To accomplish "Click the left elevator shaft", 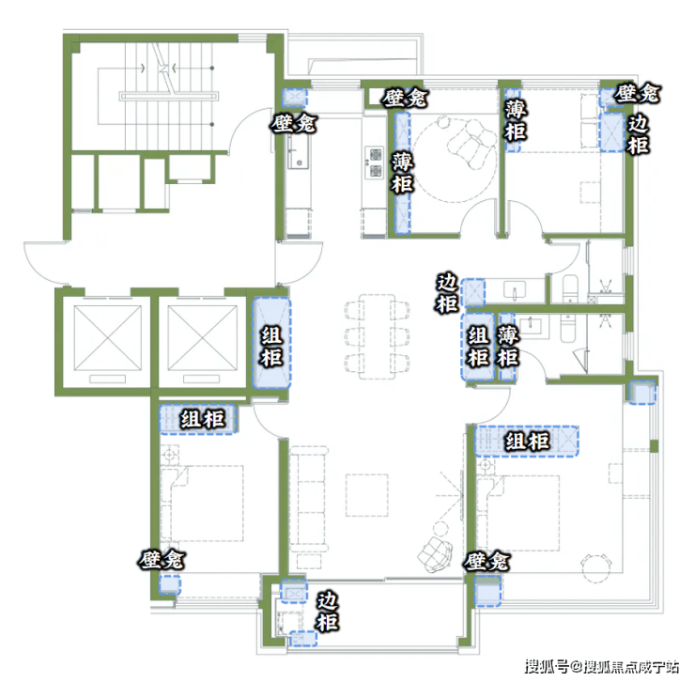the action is pyautogui.click(x=108, y=338).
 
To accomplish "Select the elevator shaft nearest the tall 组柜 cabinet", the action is pyautogui.click(x=203, y=338).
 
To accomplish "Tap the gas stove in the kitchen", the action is pyautogui.click(x=375, y=163).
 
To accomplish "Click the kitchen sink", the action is pyautogui.click(x=297, y=152).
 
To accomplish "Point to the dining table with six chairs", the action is pyautogui.click(x=378, y=336).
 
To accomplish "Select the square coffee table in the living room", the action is pyautogui.click(x=367, y=495).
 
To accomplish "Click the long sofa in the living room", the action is pyautogui.click(x=308, y=500).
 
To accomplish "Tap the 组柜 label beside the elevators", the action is pyautogui.click(x=271, y=347).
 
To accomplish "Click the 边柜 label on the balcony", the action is pyautogui.click(x=328, y=612).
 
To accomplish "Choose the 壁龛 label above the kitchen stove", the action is pyautogui.click(x=405, y=98).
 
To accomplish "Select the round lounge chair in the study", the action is pyautogui.click(x=471, y=143).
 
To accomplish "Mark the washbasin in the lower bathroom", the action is pyautogui.click(x=530, y=325).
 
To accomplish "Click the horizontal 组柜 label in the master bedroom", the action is pyautogui.click(x=528, y=442).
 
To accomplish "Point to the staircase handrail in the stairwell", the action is pyautogui.click(x=169, y=96).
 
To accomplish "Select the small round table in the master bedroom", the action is pyautogui.click(x=596, y=568).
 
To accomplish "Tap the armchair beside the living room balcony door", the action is pyautogui.click(x=435, y=552).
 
